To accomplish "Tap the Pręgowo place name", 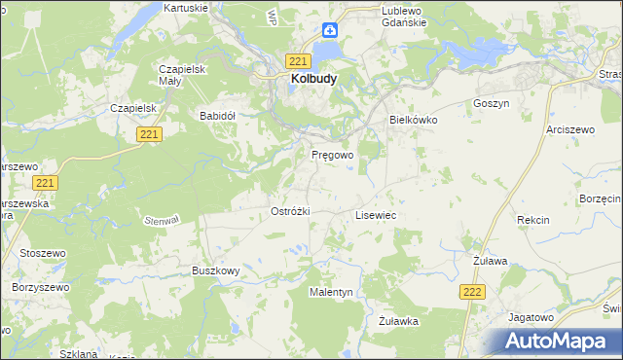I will pyautogui.click(x=332, y=155).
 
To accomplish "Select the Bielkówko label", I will pyautogui.click(x=414, y=119).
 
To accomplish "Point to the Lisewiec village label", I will pyautogui.click(x=375, y=214).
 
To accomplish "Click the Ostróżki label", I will pyautogui.click(x=289, y=211).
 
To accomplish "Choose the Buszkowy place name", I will pyautogui.click(x=215, y=270).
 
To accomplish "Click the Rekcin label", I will pyautogui.click(x=533, y=220).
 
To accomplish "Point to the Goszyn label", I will pyautogui.click(x=491, y=102).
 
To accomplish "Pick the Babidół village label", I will pyautogui.click(x=218, y=115).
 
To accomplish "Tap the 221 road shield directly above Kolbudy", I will pyautogui.click(x=299, y=59).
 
